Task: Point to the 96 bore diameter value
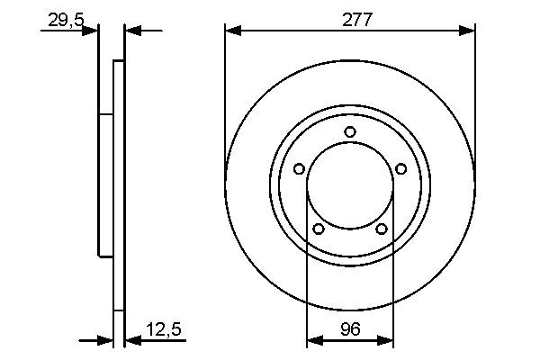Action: pos(350,330)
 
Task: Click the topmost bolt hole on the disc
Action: pos(350,132)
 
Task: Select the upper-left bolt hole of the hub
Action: pos(299,168)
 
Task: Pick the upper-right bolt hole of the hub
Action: pos(401,168)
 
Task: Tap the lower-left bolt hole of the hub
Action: pos(318,229)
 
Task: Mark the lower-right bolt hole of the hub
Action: pos(382,229)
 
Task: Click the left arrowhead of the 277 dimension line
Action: pos(233,31)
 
